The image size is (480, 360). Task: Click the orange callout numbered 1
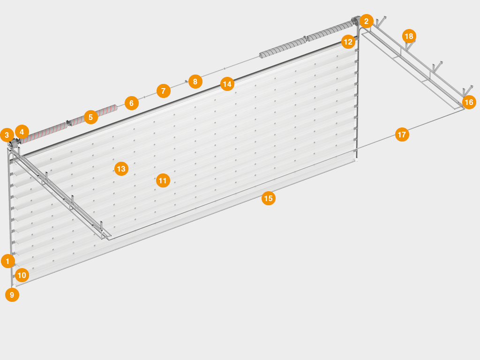(7, 261)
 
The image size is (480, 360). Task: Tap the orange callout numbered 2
(366, 21)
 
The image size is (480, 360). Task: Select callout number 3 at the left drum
(7, 135)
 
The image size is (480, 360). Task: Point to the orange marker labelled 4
(22, 132)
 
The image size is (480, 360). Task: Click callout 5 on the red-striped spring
(90, 117)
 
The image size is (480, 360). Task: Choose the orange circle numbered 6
(132, 103)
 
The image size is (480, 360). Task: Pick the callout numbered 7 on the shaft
(164, 91)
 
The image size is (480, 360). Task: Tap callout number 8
(195, 82)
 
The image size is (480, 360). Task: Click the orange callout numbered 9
(12, 295)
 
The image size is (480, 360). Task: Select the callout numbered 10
(22, 275)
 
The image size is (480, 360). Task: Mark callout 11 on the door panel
(163, 180)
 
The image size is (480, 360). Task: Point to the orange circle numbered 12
(348, 42)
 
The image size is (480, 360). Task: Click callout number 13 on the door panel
(121, 169)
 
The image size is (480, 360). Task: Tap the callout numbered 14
(227, 84)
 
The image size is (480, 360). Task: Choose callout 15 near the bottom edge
(269, 198)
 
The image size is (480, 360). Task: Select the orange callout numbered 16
(469, 102)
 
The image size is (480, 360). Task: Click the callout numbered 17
(402, 135)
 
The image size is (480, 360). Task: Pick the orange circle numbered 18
(409, 36)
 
